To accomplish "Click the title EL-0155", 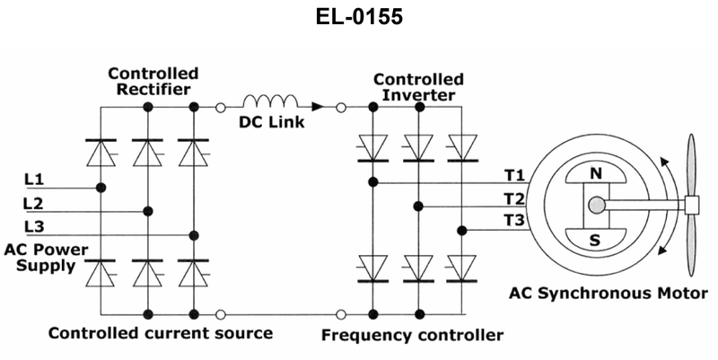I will [359, 17].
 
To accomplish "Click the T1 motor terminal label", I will [513, 174].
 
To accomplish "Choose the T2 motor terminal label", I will [513, 198].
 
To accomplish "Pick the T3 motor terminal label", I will [513, 221].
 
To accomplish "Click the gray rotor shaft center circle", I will [596, 206].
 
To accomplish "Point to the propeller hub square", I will [692, 206].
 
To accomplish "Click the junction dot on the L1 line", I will [101, 188].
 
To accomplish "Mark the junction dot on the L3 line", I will [193, 234].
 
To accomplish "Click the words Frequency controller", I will [412, 335].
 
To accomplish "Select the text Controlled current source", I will [160, 334].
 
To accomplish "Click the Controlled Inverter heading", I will [418, 87].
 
